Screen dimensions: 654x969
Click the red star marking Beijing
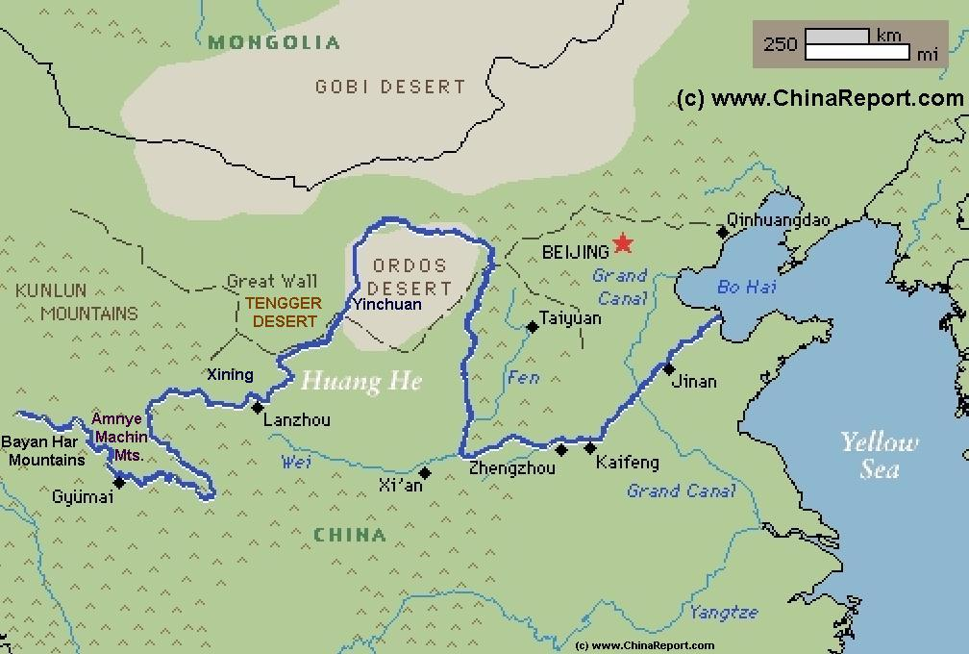(x=624, y=244)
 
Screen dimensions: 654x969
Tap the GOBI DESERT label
(x=390, y=87)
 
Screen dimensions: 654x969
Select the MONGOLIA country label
(x=274, y=42)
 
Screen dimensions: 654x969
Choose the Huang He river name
(x=361, y=382)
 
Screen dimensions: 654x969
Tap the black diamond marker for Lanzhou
(x=258, y=408)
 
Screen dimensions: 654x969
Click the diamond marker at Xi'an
(x=425, y=472)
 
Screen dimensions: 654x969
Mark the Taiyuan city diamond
(x=533, y=327)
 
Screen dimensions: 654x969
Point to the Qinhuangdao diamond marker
(x=723, y=232)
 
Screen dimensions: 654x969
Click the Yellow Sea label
(x=880, y=455)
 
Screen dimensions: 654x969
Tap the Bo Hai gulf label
(x=747, y=287)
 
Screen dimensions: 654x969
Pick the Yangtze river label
(x=723, y=612)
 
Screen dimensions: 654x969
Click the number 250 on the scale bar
(x=780, y=44)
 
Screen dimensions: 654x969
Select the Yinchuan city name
(x=386, y=304)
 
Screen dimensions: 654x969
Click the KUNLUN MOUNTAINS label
(x=76, y=301)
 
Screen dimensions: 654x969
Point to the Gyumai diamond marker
(x=119, y=482)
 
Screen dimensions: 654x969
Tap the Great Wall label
(x=272, y=282)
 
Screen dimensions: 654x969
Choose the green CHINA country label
(x=350, y=535)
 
